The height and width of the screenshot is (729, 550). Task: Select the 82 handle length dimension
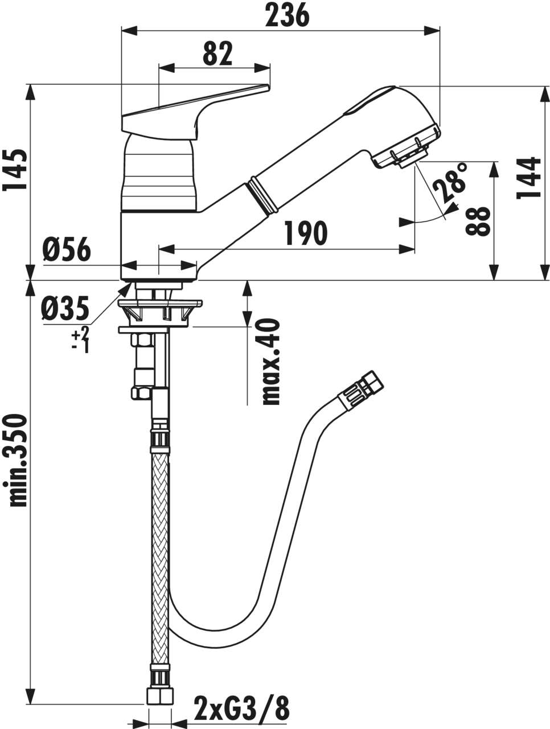pos(217,54)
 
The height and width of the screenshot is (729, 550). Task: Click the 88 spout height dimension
pos(477,221)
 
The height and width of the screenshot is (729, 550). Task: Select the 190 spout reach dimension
pos(305,233)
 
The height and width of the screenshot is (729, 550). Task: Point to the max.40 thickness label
pos(271,362)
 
